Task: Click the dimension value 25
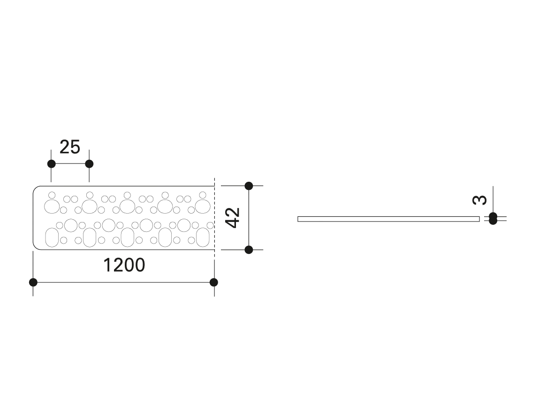click(x=70, y=147)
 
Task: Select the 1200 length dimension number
click(x=124, y=266)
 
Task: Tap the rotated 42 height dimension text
click(x=232, y=217)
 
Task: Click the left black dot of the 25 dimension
click(x=52, y=164)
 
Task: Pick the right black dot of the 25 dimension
click(x=89, y=164)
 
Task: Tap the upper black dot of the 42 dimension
click(x=249, y=186)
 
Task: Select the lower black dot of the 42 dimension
click(x=249, y=250)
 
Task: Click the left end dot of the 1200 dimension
click(x=33, y=282)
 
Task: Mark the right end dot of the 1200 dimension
click(x=214, y=282)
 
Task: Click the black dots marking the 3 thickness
click(x=493, y=218)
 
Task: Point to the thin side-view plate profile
click(x=388, y=219)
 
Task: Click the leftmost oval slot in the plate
click(x=51, y=237)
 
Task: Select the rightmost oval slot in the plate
click(x=203, y=237)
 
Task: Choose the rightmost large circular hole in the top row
click(x=203, y=206)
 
